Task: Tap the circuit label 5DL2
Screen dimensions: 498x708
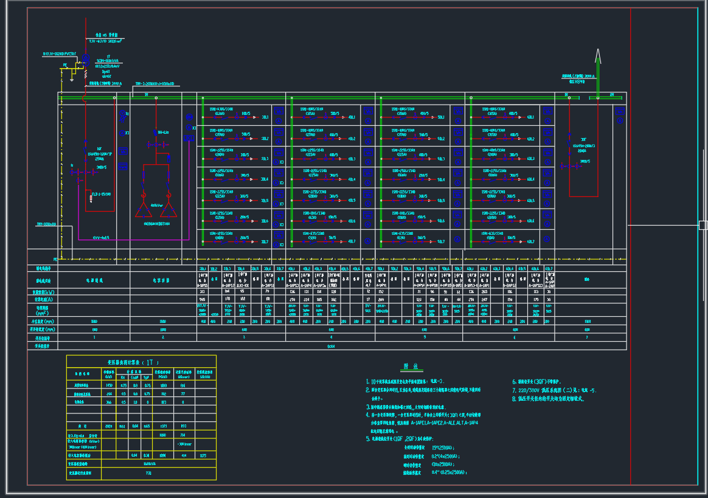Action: (x=440, y=138)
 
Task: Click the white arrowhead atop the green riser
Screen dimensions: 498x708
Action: (x=598, y=57)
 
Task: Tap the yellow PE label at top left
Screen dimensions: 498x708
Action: (x=65, y=64)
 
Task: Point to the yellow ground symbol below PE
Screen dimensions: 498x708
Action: (x=72, y=78)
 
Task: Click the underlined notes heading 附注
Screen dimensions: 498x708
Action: (x=411, y=366)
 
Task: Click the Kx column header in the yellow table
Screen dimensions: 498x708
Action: (x=123, y=376)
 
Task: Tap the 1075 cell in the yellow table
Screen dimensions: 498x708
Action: (x=203, y=454)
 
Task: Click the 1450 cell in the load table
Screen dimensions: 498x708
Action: (x=109, y=385)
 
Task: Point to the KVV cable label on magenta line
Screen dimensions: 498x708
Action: (x=101, y=237)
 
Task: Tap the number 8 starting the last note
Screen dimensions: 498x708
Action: (x=514, y=399)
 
